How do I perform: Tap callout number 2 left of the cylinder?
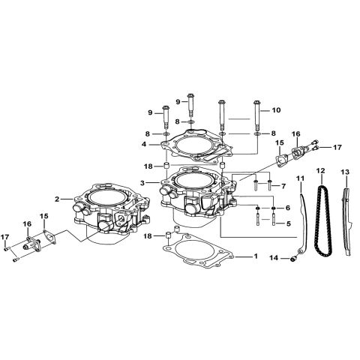[x=57, y=199]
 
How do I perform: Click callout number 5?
[x=287, y=223]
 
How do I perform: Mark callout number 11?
[x=299, y=177]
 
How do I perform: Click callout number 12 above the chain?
[x=320, y=172]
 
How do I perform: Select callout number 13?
[x=344, y=172]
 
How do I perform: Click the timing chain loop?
[x=322, y=221]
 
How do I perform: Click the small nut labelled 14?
[x=295, y=259]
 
